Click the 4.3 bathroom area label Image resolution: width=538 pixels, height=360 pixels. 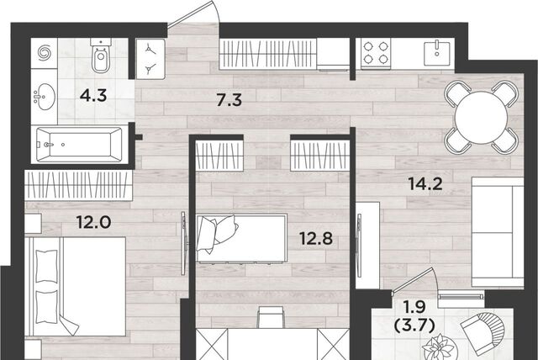[93, 96]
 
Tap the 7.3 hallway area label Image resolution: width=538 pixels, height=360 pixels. [229, 100]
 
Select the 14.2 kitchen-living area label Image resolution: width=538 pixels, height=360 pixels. [425, 184]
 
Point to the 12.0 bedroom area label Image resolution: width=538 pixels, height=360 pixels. [93, 222]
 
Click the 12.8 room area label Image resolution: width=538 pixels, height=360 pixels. [316, 239]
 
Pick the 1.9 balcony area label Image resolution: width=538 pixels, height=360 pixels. [414, 307]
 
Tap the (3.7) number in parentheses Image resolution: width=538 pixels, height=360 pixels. [414, 325]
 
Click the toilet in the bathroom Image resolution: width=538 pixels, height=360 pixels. [101, 56]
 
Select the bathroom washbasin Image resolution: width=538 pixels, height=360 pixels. [45, 97]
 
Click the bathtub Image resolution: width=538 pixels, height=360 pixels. [79, 145]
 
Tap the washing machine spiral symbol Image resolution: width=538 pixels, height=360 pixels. [45, 53]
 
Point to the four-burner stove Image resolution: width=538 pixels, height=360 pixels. [376, 53]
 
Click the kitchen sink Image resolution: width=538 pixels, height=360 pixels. [437, 53]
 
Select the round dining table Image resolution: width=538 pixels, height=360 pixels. [481, 118]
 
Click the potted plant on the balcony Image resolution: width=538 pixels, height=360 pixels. [439, 348]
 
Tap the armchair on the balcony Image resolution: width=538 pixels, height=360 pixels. [484, 333]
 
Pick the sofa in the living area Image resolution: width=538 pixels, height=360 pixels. [498, 232]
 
